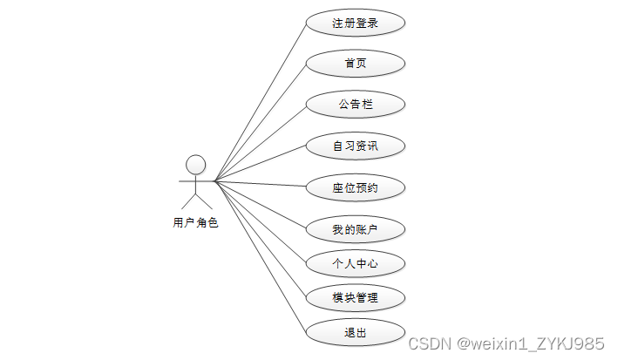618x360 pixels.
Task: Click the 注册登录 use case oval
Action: click(x=356, y=23)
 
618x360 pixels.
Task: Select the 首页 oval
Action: click(x=356, y=64)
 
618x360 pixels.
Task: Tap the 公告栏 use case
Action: click(x=356, y=105)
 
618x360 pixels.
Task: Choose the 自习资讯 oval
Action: click(x=356, y=146)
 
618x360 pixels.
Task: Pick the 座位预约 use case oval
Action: click(x=356, y=187)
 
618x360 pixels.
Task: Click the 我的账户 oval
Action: click(x=356, y=229)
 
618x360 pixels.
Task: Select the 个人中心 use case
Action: click(x=356, y=262)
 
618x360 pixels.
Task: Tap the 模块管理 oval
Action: click(x=356, y=297)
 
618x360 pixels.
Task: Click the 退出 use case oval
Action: click(x=356, y=332)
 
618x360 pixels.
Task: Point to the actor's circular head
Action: click(x=196, y=165)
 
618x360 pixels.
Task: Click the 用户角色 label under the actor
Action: click(x=195, y=223)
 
